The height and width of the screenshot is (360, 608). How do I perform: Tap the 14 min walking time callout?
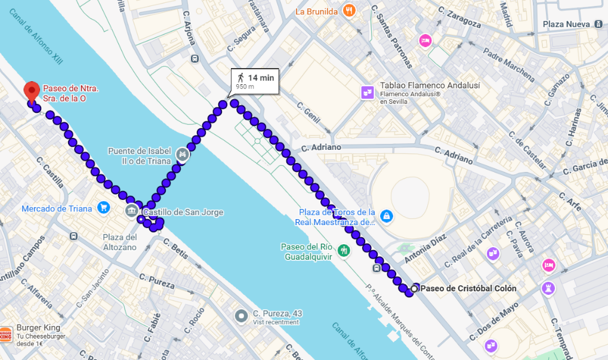(255, 81)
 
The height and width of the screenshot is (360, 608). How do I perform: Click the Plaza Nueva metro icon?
(598, 24)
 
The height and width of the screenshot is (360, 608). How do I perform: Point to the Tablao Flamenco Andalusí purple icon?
(367, 92)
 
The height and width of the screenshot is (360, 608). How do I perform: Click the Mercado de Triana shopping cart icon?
(104, 208)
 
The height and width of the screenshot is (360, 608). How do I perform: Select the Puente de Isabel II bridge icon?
(183, 155)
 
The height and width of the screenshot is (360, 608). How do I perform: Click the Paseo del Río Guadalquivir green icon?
(343, 250)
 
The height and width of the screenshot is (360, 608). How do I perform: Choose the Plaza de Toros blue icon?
(386, 215)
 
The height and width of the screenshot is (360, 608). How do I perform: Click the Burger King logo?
(5, 334)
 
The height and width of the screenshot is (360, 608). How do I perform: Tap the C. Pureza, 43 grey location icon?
(240, 315)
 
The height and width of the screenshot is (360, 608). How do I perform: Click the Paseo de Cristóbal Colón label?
(468, 288)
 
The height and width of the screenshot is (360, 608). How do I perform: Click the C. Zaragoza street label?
(459, 17)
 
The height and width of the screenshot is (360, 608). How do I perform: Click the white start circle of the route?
(413, 288)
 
